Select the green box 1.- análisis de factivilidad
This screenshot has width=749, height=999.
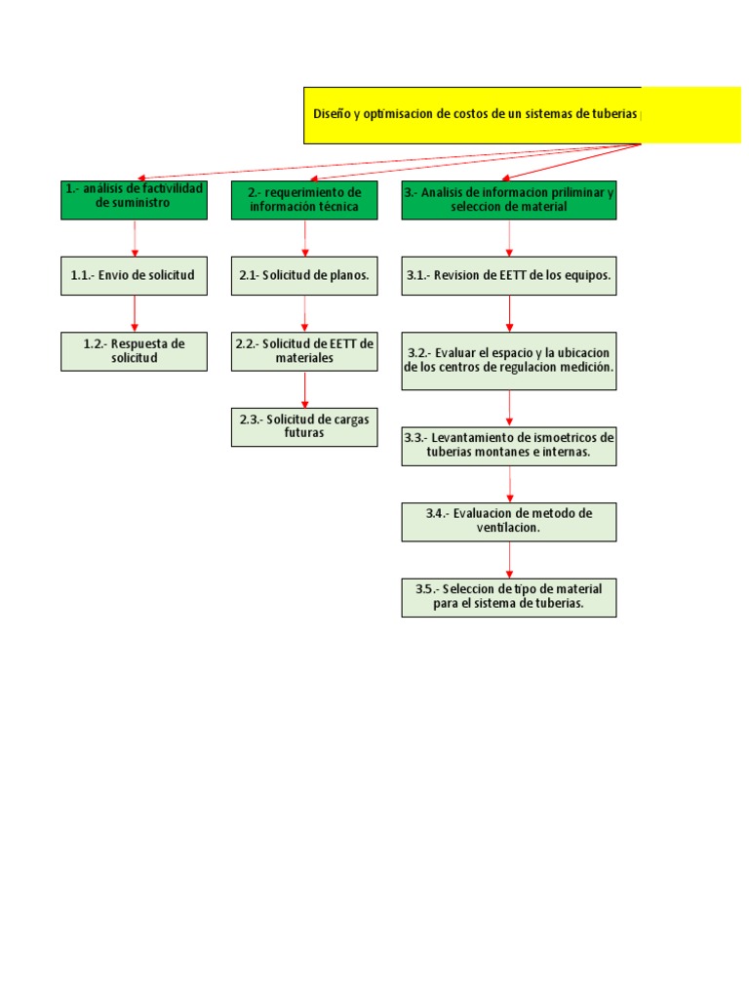(x=134, y=199)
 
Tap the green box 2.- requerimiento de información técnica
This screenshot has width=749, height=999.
(x=304, y=199)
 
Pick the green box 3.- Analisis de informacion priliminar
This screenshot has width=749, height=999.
(x=508, y=199)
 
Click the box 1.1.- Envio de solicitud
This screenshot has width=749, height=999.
(x=134, y=276)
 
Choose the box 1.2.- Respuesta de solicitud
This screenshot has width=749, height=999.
(x=134, y=351)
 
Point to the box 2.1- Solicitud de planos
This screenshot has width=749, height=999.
(x=304, y=276)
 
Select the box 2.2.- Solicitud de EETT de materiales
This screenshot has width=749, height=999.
(x=304, y=351)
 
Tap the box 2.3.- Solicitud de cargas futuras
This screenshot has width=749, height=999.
(x=304, y=426)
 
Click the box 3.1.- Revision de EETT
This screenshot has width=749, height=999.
(x=508, y=276)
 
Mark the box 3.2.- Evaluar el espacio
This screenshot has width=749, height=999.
(x=508, y=360)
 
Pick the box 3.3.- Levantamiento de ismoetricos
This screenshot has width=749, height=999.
(x=508, y=446)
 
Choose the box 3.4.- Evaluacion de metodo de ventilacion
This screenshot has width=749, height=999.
(x=508, y=521)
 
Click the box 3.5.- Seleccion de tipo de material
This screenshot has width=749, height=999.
(x=508, y=597)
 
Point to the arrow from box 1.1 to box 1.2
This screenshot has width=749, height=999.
(x=135, y=313)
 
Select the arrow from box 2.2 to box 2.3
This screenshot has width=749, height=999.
(x=305, y=388)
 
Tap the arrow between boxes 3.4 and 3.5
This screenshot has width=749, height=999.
(x=509, y=559)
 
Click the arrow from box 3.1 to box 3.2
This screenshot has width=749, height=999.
(x=509, y=313)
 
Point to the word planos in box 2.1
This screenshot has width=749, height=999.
(x=348, y=276)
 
